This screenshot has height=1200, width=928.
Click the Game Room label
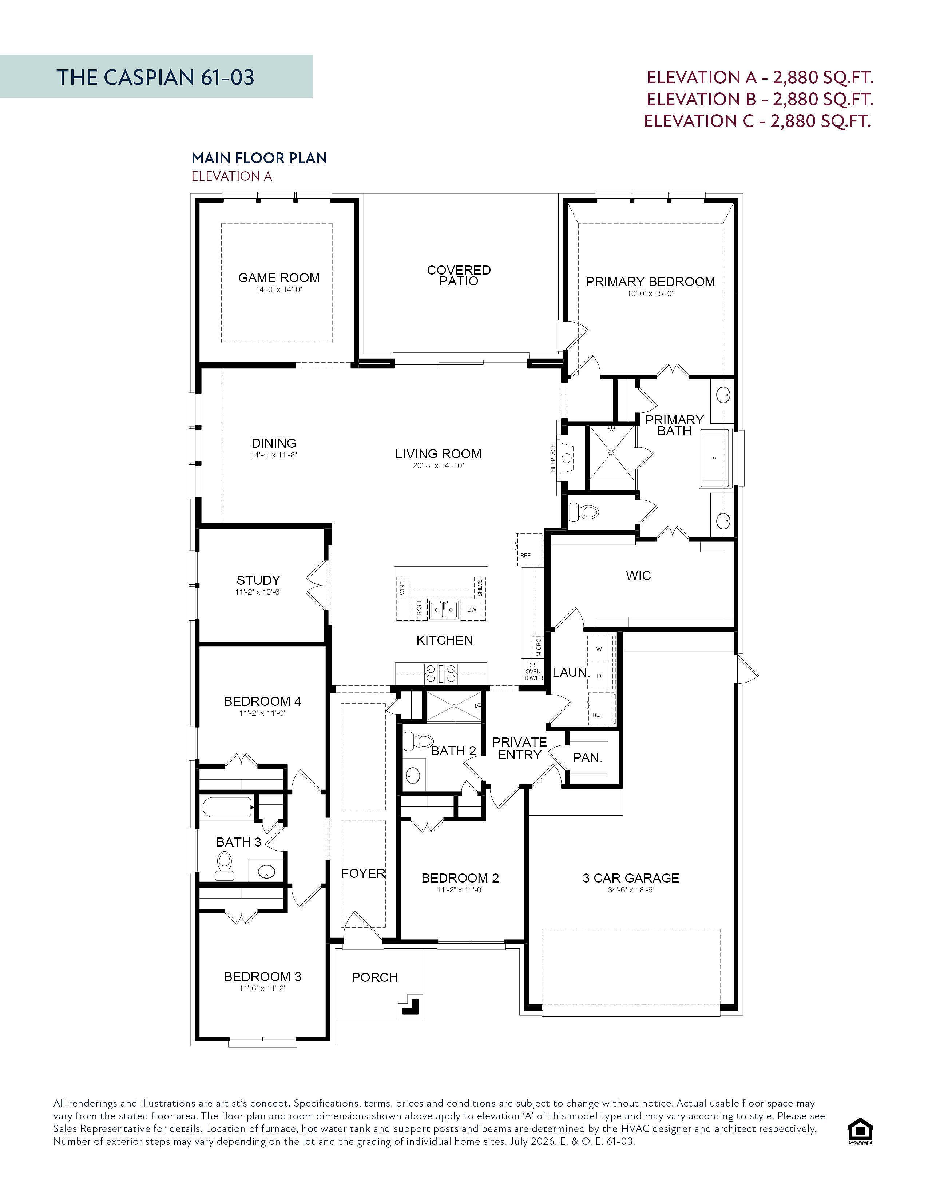279,277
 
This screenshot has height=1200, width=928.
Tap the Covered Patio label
459,275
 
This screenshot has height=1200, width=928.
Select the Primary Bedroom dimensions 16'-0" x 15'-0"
650,293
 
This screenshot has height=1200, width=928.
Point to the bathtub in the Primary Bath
714,458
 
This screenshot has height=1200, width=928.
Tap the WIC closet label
638,575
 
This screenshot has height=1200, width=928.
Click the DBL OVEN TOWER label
533,671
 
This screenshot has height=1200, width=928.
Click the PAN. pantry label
588,758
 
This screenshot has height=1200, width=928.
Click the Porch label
375,977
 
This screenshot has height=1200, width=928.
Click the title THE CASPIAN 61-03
156,77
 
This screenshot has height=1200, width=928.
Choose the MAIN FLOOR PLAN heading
259,158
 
